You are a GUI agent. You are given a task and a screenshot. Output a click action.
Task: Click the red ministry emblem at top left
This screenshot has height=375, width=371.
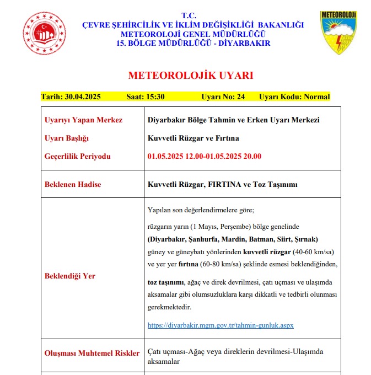tap(44, 33)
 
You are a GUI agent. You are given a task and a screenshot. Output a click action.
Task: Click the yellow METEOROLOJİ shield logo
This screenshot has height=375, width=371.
tap(338, 33)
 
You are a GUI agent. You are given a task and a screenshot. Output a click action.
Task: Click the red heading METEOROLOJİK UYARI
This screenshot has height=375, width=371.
tap(191, 76)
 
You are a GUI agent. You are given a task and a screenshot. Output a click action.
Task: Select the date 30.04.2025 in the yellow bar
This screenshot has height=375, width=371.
tap(79, 97)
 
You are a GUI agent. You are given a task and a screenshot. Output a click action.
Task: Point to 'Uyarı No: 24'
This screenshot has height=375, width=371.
tap(223, 97)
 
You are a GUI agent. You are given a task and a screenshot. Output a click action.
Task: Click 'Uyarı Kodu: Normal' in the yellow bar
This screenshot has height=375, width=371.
tap(294, 97)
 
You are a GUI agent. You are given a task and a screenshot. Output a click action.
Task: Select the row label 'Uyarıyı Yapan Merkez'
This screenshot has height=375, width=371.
tap(83, 120)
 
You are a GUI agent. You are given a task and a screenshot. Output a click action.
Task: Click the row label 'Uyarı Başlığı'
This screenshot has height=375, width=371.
tap(66, 138)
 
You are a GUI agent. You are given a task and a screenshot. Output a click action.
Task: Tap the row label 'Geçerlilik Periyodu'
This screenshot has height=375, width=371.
tap(77, 156)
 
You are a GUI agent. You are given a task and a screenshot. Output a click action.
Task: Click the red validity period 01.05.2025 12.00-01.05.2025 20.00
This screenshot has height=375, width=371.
tap(205, 156)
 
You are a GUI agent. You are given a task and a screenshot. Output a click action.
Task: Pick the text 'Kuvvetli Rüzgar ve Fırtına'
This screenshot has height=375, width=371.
tap(191, 138)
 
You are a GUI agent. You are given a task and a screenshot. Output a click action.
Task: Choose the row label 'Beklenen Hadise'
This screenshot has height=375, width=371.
tap(73, 184)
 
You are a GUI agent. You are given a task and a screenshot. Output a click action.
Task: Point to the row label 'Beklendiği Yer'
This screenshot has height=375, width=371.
tap(69, 276)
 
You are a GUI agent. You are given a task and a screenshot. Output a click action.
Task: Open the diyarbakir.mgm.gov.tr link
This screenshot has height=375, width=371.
tap(221, 325)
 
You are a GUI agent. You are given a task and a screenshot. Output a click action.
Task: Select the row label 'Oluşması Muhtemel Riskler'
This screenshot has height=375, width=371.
tap(92, 352)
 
